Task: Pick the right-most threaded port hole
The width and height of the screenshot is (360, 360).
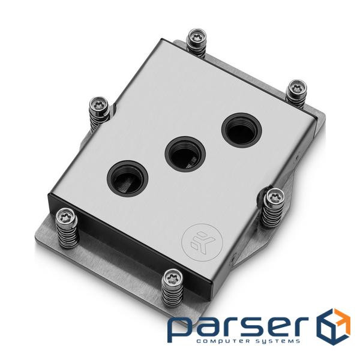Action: (x=238, y=131)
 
